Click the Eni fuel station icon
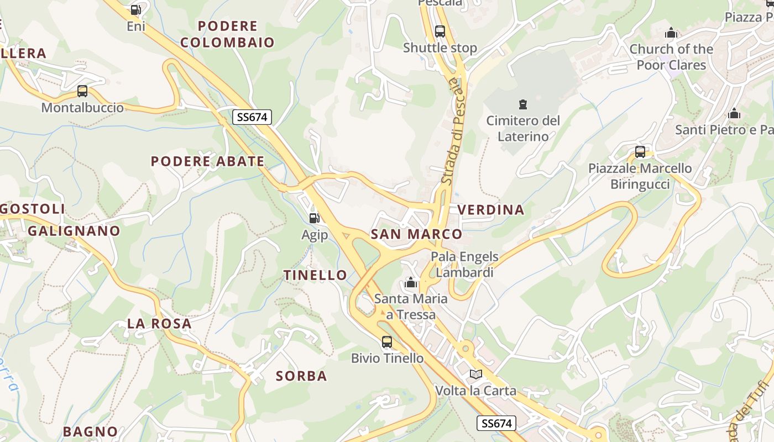tap(136, 9)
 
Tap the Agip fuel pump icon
tap(315, 218)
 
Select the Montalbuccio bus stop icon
tap(82, 91)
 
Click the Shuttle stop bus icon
tap(440, 31)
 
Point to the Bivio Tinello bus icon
tap(387, 342)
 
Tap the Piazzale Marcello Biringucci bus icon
tap(640, 152)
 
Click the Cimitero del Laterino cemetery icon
tap(522, 104)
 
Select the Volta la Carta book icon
tap(476, 375)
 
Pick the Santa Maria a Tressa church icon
tap(411, 283)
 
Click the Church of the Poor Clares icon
tap(671, 33)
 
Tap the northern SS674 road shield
tap(252, 117)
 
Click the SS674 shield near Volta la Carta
tap(496, 423)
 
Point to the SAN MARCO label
tap(416, 234)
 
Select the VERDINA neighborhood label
tap(491, 210)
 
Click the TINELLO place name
tap(315, 275)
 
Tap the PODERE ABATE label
tap(208, 161)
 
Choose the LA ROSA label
tap(159, 324)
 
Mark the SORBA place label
tap(301, 376)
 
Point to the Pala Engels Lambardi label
tap(464, 265)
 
